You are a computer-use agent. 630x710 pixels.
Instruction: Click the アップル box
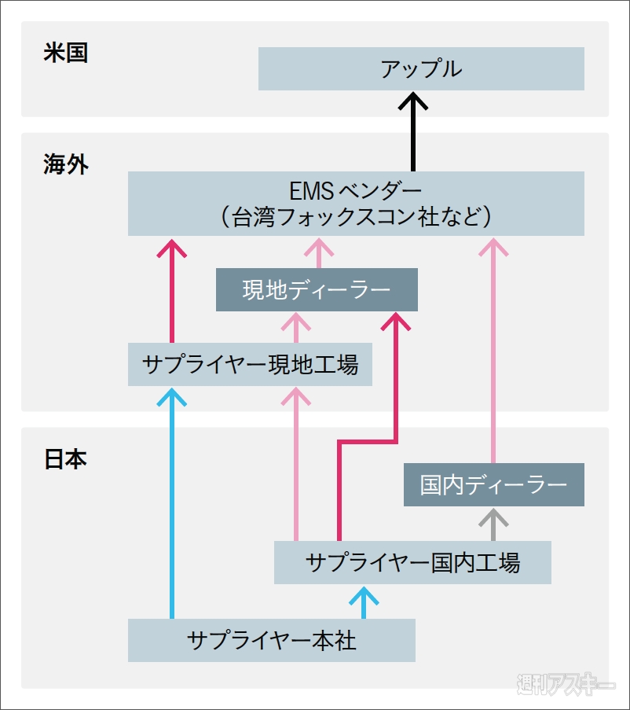click(421, 68)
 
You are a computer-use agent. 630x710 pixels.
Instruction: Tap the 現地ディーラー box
click(317, 290)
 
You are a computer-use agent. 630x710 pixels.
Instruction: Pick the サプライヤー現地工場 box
click(250, 365)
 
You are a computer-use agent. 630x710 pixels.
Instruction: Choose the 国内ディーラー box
click(493, 484)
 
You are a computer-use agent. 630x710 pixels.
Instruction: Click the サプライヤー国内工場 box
click(412, 562)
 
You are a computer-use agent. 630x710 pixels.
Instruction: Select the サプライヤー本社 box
click(271, 640)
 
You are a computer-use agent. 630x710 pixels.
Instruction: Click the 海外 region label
click(66, 164)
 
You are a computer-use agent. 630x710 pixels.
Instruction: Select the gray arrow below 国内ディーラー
click(493, 524)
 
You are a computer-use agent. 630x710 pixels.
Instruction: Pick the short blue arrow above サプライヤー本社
click(363, 602)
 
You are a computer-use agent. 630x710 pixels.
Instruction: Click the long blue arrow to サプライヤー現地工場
click(172, 503)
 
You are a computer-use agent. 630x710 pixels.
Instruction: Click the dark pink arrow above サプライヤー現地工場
click(172, 291)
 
